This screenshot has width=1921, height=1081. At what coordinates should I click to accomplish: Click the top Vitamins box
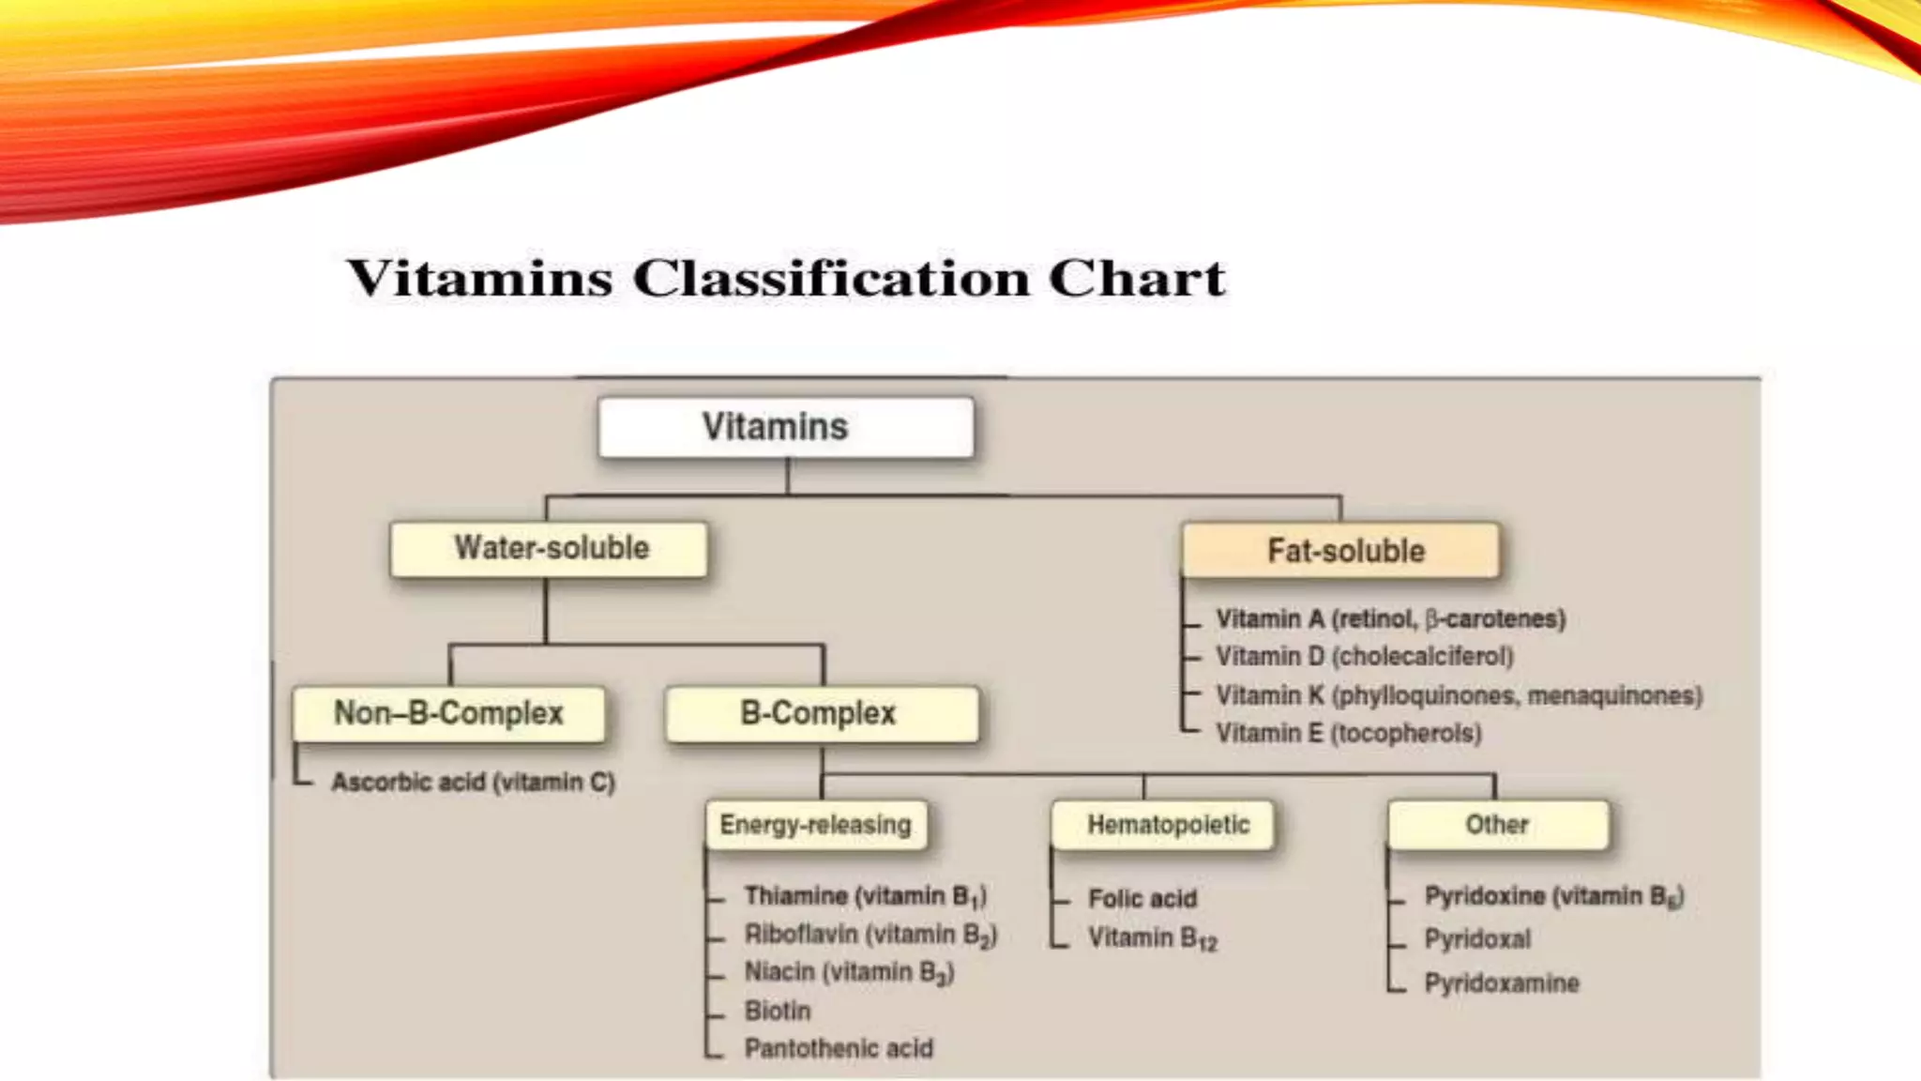786,427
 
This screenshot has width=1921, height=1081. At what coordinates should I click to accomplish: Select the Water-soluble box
550,548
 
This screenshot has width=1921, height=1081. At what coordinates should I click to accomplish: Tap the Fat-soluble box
1341,550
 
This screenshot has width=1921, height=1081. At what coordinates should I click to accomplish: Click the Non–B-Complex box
448,713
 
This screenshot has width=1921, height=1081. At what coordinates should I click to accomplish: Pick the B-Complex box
821,713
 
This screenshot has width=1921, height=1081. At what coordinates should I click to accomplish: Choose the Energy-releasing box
815,825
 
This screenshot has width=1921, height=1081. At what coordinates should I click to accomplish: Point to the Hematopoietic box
1163,825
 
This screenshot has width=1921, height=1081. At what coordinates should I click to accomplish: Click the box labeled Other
1498,825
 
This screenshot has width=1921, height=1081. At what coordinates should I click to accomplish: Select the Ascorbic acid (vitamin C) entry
473,782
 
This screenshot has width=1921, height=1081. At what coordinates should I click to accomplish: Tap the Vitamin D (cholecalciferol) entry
1365,656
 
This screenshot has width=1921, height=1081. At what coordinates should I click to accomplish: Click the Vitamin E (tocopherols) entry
1349,733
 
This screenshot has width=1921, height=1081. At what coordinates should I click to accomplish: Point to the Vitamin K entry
1459,695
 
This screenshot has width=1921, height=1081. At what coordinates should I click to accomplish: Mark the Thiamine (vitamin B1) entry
865,896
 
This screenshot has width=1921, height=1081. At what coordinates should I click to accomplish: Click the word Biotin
778,1011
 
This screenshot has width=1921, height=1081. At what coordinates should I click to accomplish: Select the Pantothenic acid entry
839,1048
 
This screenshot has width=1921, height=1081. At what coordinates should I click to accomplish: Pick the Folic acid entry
1142,899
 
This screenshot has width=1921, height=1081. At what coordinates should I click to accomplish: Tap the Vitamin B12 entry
1152,937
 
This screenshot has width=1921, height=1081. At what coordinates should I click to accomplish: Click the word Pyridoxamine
1502,983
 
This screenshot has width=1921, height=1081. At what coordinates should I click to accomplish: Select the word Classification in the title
830,278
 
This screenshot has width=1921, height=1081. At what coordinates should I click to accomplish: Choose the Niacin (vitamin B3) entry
849,972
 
